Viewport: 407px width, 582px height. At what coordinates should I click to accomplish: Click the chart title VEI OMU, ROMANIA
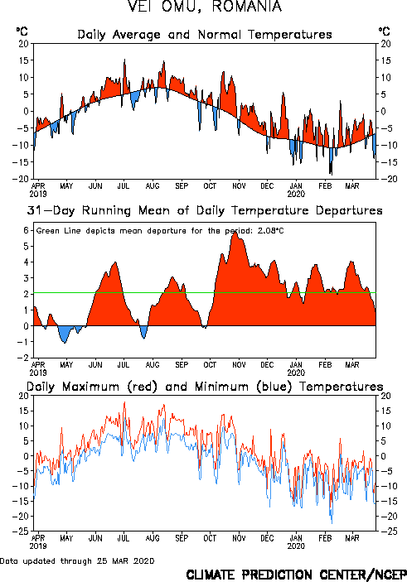(204, 7)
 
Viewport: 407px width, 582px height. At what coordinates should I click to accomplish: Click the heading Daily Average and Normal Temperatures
(205, 35)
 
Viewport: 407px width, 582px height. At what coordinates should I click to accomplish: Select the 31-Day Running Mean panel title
(205, 210)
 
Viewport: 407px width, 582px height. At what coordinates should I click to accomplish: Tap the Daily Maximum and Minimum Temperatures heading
(205, 387)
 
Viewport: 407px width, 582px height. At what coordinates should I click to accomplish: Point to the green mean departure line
(205, 293)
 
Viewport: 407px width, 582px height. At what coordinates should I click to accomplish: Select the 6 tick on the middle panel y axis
(26, 230)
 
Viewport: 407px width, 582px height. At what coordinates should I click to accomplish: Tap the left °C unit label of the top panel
(22, 31)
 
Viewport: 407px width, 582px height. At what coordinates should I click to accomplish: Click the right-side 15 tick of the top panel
(385, 60)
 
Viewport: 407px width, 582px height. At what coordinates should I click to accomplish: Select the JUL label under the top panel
(124, 185)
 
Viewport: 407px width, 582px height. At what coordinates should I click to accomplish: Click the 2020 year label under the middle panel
(296, 373)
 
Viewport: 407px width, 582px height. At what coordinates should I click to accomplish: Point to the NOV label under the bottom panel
(239, 538)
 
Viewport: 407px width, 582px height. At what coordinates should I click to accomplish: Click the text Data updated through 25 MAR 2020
(77, 560)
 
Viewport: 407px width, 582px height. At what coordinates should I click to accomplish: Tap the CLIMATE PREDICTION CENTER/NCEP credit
(296, 575)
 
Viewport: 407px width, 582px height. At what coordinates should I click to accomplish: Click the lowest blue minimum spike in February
(332, 522)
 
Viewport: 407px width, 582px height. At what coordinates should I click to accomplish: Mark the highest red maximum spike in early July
(124, 402)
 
